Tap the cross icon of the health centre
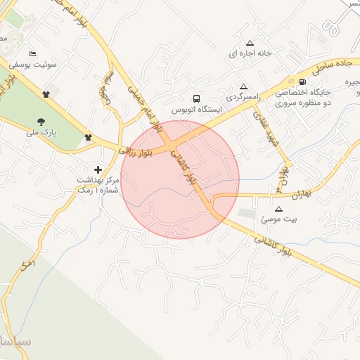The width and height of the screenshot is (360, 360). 98,169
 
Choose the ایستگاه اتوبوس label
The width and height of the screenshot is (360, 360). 197,110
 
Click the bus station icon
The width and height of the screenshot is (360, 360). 196,99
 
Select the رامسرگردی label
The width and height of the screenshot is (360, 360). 240,95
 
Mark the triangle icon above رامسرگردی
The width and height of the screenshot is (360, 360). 244,84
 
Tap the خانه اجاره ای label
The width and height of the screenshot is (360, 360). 249,53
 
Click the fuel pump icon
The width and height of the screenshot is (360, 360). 302,82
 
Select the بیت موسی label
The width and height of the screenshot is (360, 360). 279,219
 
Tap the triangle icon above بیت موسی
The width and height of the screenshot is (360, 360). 278,209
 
